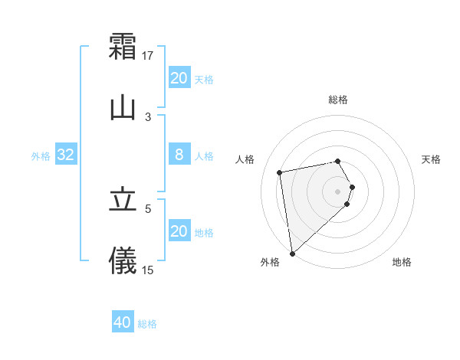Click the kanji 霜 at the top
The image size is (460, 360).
click(x=123, y=46)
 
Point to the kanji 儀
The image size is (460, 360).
click(x=123, y=261)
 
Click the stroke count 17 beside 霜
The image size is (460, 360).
click(x=149, y=56)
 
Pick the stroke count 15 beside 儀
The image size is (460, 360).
click(x=149, y=270)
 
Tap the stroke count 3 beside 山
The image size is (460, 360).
click(x=149, y=116)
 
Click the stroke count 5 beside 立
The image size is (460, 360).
click(x=149, y=208)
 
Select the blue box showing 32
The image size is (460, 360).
click(x=66, y=155)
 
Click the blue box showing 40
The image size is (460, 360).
click(x=123, y=322)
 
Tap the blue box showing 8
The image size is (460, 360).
click(x=179, y=155)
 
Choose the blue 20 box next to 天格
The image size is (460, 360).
click(x=179, y=78)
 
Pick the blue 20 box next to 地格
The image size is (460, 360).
click(x=179, y=231)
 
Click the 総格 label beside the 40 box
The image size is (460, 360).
click(x=148, y=324)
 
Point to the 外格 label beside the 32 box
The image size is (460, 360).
click(x=41, y=156)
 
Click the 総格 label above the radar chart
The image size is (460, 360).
click(x=338, y=100)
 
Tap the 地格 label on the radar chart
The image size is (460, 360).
click(x=402, y=262)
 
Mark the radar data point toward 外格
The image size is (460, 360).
click(x=291, y=253)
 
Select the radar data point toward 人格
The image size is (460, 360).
click(x=281, y=172)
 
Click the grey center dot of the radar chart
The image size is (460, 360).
click(x=338, y=190)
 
